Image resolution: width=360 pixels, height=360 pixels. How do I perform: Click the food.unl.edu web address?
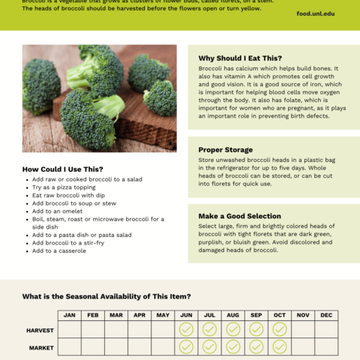click(x=316, y=13)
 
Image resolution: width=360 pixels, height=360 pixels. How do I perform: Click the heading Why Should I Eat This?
click(x=240, y=58)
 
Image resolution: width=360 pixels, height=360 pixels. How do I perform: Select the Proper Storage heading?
click(x=226, y=150)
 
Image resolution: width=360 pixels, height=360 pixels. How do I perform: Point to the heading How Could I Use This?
click(x=63, y=169)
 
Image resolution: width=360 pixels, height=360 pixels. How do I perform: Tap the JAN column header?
click(x=70, y=315)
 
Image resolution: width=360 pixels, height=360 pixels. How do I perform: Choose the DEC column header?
click(x=326, y=315)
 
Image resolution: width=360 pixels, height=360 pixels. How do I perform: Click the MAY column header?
click(x=163, y=315)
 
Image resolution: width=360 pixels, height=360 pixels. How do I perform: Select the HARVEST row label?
click(x=40, y=330)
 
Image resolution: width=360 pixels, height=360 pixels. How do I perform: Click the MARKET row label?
click(x=41, y=347)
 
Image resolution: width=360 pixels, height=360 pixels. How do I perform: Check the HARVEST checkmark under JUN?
click(x=186, y=329)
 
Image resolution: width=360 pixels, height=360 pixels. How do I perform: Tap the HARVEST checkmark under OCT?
click(x=280, y=329)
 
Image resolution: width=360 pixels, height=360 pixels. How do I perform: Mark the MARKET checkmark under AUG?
click(x=233, y=346)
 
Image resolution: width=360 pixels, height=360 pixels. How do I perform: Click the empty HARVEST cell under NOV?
click(x=303, y=329)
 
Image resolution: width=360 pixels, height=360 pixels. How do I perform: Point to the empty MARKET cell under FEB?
click(x=93, y=346)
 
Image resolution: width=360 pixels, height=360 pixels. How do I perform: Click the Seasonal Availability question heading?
click(x=106, y=297)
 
